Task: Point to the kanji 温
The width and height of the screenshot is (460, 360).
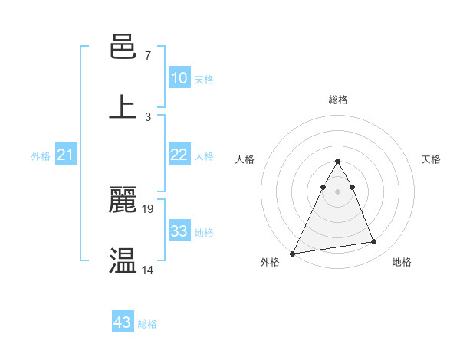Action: pos(123,260)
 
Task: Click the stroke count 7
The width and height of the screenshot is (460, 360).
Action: pos(147,56)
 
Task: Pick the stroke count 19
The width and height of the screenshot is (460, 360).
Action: pos(149,208)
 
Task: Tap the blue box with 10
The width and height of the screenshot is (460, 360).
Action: pos(179,78)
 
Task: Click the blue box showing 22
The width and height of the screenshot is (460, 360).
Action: pos(179,155)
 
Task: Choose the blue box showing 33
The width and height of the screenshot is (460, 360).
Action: pos(179,231)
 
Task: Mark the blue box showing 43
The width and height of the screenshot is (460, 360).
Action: pos(123,322)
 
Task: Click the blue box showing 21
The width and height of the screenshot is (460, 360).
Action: pos(66,155)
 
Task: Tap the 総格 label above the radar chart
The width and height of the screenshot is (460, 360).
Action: pos(338,100)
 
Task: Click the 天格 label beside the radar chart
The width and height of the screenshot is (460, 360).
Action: pos(431,159)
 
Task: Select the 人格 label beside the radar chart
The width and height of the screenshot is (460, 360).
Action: pos(245,159)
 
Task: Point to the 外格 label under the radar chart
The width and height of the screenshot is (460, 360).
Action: pos(270,262)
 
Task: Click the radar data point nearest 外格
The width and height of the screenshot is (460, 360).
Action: pos(293,253)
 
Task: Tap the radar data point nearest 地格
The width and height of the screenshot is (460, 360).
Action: pos(374,242)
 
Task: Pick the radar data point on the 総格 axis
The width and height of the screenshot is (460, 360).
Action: pos(338,161)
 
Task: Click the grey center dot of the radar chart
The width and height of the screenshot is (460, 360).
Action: pos(338,191)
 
